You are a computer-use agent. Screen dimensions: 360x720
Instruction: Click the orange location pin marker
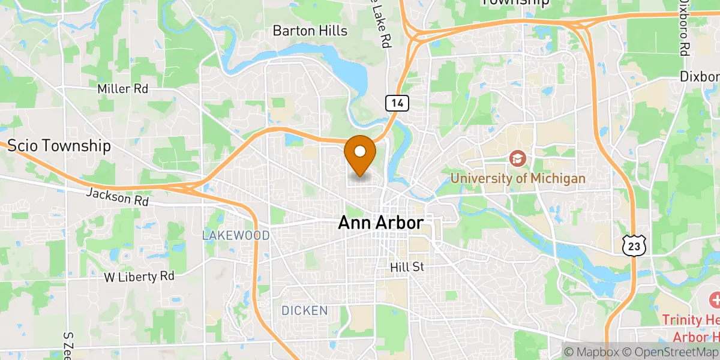click(361, 154)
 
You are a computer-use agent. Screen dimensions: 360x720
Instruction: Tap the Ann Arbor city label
click(380, 223)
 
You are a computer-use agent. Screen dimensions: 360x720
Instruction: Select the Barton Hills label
click(310, 31)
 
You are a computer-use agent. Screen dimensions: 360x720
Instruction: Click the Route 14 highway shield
click(397, 103)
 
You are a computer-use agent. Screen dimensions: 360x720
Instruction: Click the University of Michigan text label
click(517, 178)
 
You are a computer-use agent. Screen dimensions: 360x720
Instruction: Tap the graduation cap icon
click(517, 159)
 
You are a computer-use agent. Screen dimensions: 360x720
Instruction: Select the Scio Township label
click(59, 145)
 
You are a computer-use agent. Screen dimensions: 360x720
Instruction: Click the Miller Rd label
click(122, 89)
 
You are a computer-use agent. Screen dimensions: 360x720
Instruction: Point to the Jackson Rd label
click(117, 197)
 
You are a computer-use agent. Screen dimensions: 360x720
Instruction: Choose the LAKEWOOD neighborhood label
click(235, 236)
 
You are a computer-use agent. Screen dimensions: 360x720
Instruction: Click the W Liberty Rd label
click(139, 277)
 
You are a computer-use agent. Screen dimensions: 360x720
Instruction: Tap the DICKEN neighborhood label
click(305, 311)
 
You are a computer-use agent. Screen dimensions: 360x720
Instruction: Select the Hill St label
click(407, 267)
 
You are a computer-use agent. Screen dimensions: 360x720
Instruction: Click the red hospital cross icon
click(715, 299)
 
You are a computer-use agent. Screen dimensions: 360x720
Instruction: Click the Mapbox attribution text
click(590, 352)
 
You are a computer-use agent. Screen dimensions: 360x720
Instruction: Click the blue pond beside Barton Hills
click(354, 75)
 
